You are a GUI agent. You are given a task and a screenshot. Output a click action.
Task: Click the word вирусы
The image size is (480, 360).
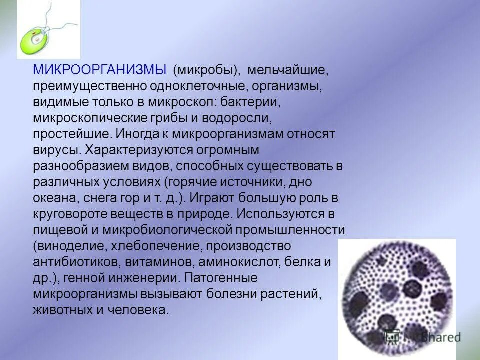pyautogui.click(x=56, y=150)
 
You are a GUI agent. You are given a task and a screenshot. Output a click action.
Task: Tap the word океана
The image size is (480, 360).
pyautogui.click(x=54, y=198)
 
